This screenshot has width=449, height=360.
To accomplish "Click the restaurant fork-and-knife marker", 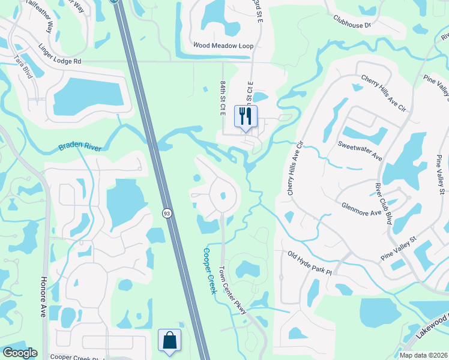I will point(246,116).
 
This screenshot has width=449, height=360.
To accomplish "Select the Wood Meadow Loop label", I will point(223,46).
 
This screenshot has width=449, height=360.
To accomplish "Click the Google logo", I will point(20,352).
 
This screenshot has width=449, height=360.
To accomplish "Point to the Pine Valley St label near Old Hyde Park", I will point(398,248).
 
